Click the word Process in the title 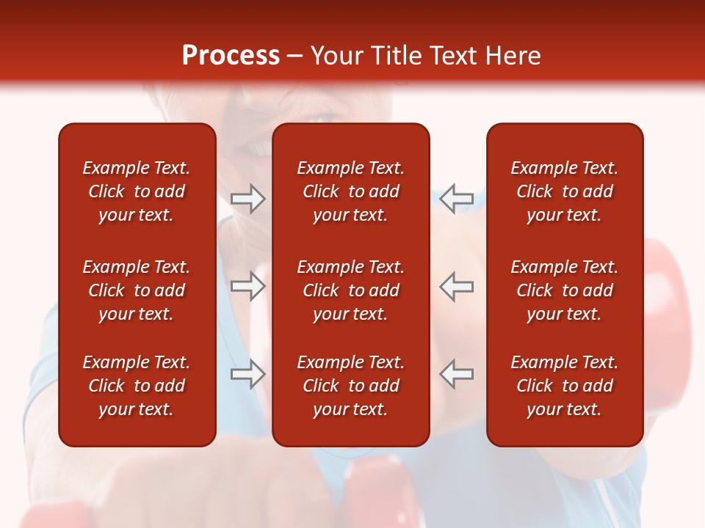pos(231,56)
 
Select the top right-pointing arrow pos(247,199)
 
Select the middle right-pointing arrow pos(247,286)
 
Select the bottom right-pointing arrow pos(247,373)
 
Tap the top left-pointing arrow pos(457,199)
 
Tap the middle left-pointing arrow pos(457,286)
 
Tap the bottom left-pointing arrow pos(457,373)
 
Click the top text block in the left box pos(137,191)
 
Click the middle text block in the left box pos(137,290)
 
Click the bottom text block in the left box pos(137,386)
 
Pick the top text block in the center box pos(350,191)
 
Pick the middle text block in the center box pos(350,290)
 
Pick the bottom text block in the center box pos(350,386)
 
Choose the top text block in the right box pos(564,191)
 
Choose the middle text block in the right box pos(564,290)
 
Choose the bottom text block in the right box pos(564,386)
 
